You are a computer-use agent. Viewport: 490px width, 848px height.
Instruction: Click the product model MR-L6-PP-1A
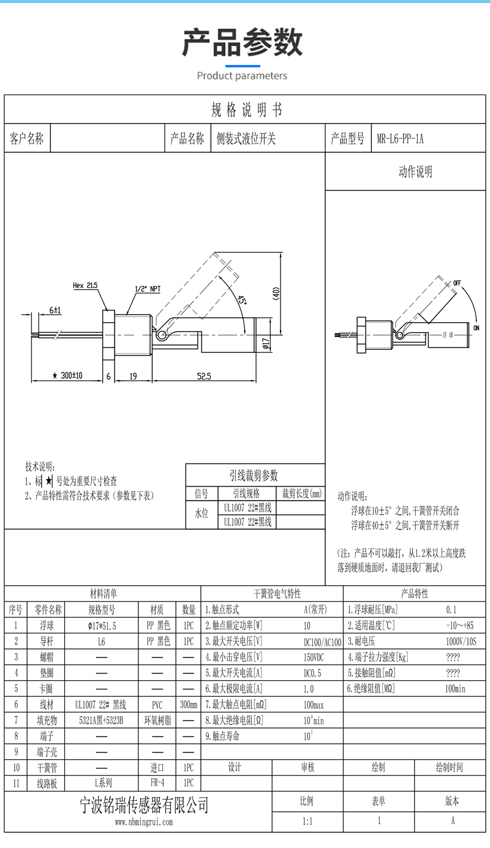pos(400,139)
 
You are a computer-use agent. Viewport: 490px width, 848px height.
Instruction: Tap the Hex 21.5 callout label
pos(85,286)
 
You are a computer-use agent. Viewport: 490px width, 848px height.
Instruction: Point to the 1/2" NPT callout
pos(148,289)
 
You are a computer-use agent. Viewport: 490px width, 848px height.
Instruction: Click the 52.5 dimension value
pos(204,376)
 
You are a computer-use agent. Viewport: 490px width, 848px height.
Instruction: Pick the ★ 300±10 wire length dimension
pos(67,376)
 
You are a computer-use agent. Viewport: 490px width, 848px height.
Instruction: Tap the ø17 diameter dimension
pos(266,343)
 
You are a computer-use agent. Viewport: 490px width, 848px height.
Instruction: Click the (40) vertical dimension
pos(276,293)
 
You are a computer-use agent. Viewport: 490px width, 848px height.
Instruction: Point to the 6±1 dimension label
pos(55,311)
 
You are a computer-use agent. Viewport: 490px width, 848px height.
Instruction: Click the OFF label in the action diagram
pos(457,283)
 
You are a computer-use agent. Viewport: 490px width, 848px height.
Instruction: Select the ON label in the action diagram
pos(477,328)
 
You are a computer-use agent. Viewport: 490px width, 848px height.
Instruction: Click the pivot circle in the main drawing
pos(162,335)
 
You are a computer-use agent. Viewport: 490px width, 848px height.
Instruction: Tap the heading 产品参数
pos(242,42)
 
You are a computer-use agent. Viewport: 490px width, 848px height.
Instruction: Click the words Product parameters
pos(242,76)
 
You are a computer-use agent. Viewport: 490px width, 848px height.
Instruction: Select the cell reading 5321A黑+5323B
pos(102,720)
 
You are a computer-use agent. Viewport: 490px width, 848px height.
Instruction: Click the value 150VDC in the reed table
pos(314,657)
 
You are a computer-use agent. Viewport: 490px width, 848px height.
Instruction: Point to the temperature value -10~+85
pos(460,626)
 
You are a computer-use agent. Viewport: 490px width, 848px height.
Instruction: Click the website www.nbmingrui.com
pos(144,822)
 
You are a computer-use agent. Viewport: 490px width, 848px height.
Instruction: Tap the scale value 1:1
pos(307,821)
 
